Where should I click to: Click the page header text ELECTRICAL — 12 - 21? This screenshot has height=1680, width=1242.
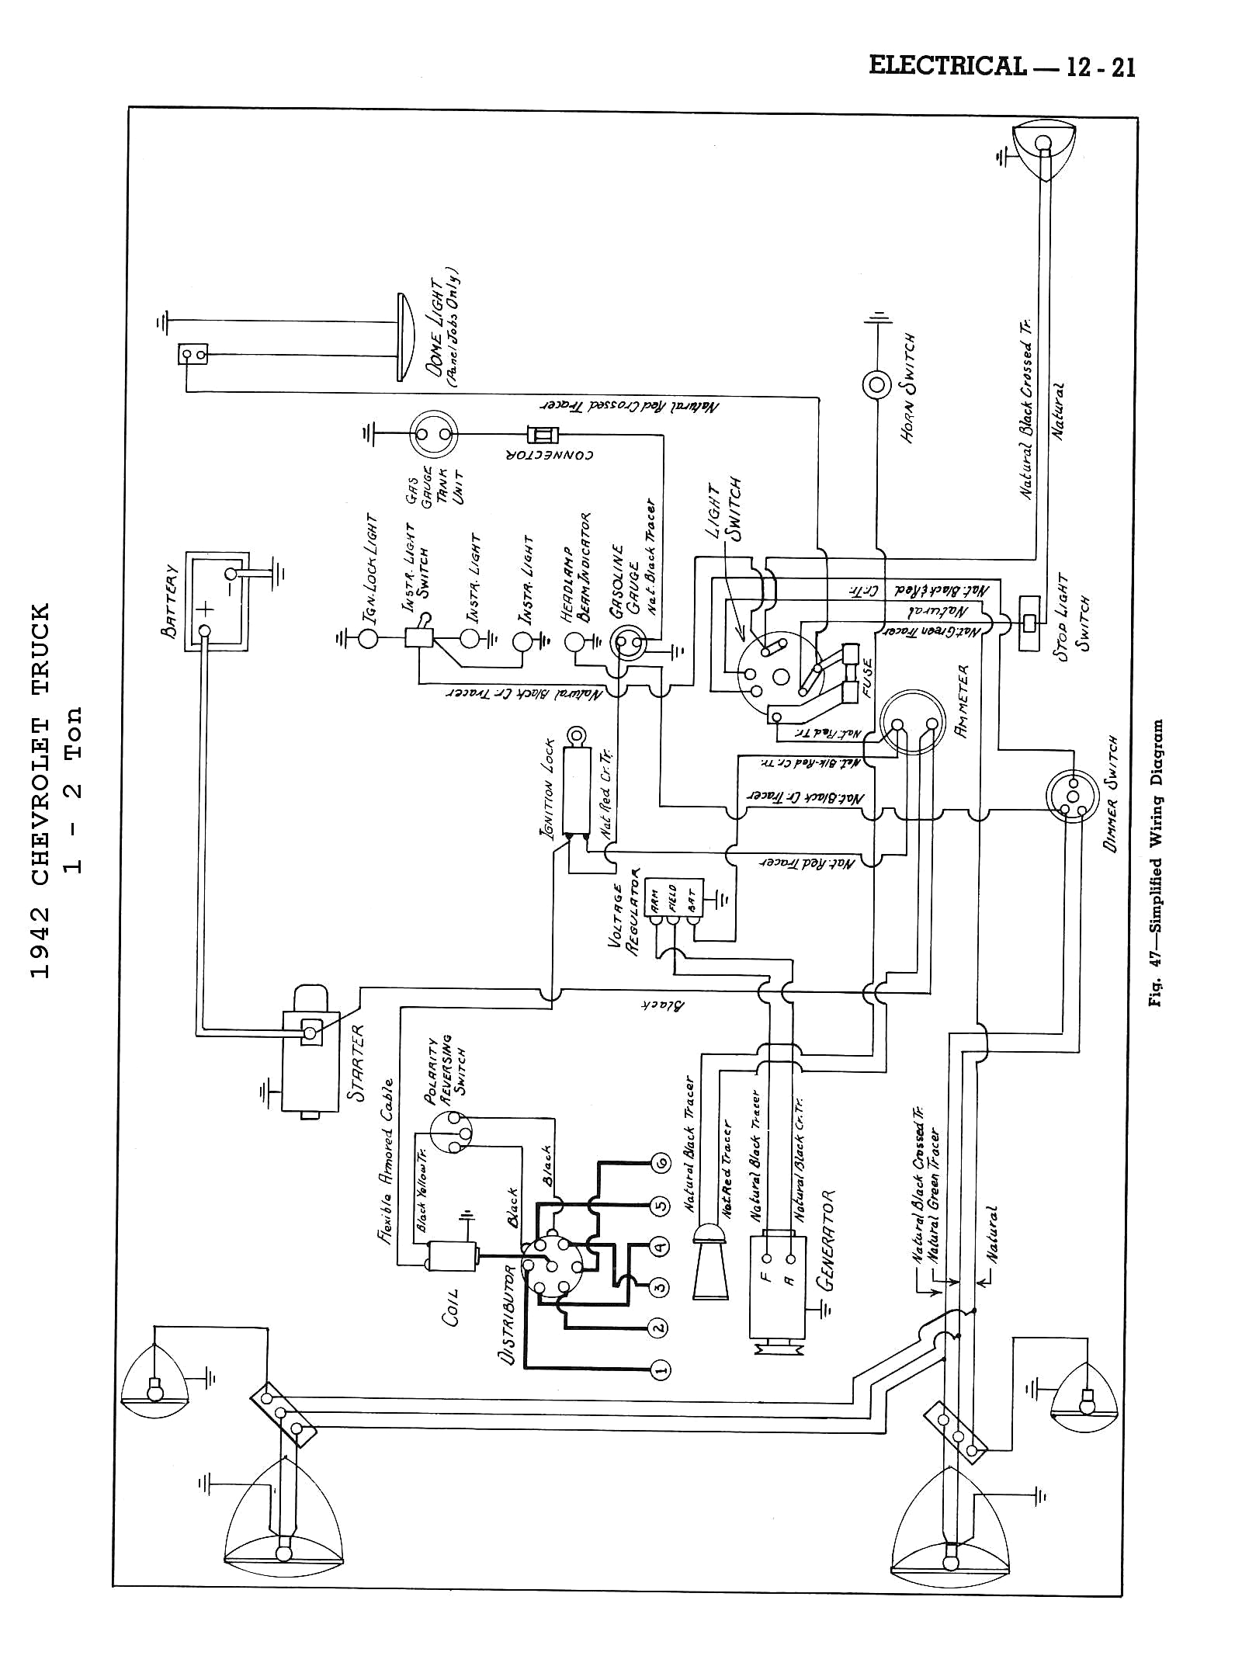[1001, 67]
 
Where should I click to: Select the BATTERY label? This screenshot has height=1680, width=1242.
[169, 601]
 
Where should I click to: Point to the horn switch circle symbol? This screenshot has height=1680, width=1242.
[876, 384]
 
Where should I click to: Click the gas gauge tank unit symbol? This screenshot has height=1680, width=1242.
[434, 434]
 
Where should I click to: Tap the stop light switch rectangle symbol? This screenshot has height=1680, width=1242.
[1029, 623]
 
